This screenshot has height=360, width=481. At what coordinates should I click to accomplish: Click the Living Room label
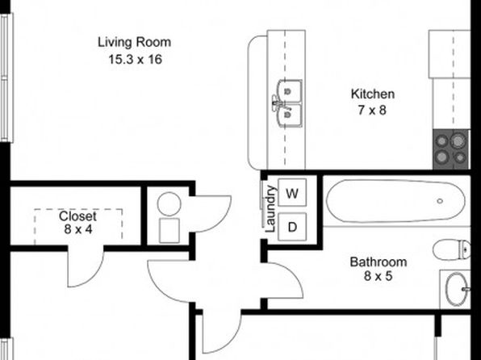(x=134, y=42)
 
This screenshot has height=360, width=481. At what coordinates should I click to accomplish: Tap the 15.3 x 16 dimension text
(x=136, y=59)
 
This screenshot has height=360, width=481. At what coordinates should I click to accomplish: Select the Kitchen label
(x=373, y=94)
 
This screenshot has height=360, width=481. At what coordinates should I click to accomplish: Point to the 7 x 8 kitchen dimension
(x=372, y=110)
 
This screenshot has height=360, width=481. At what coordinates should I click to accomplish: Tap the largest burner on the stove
(x=458, y=141)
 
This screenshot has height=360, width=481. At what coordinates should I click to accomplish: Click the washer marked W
(x=292, y=193)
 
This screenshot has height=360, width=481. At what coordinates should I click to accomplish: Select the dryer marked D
(x=292, y=227)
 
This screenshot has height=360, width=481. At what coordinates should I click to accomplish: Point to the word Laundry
(x=270, y=209)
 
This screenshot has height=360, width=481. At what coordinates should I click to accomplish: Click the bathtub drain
(x=440, y=201)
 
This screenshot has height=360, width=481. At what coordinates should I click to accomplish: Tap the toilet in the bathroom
(x=452, y=249)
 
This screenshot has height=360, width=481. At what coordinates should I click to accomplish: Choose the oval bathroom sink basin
(x=457, y=289)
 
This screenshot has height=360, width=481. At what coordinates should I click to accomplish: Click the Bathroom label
(x=379, y=262)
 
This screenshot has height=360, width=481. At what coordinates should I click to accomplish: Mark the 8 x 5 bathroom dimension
(x=379, y=276)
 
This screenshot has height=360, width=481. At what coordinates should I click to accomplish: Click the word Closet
(x=77, y=216)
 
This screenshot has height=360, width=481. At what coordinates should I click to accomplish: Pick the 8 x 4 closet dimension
(x=78, y=229)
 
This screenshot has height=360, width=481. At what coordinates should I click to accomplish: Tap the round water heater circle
(x=169, y=203)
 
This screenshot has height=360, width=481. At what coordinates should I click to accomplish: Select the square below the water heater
(x=169, y=231)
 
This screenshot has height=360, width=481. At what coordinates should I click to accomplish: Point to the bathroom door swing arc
(x=295, y=274)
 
